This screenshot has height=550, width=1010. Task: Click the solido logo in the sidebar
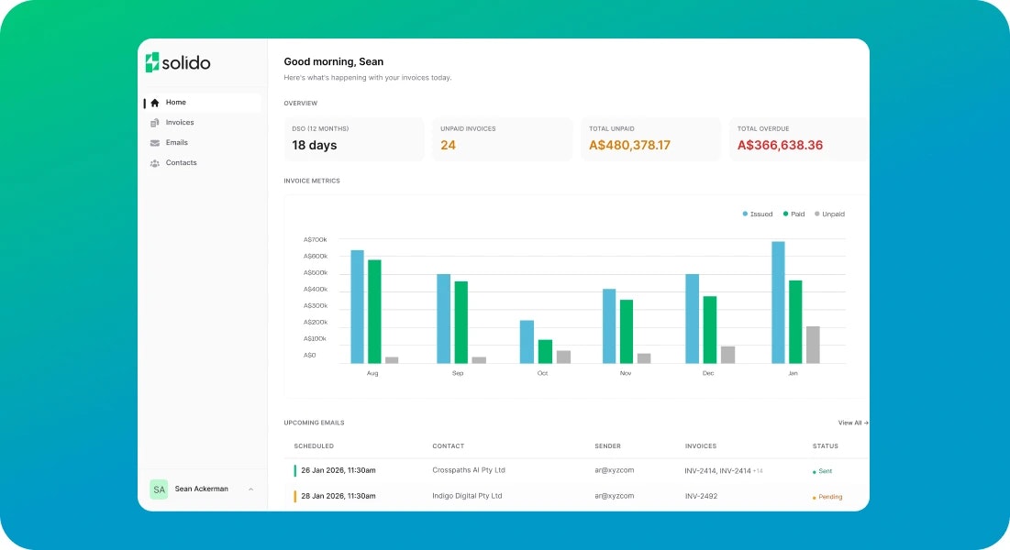pyautogui.click(x=178, y=62)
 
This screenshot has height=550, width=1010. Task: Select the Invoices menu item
pyautogui.click(x=179, y=123)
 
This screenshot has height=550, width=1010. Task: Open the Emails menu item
pyautogui.click(x=176, y=143)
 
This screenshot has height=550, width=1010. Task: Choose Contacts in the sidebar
pyautogui.click(x=181, y=163)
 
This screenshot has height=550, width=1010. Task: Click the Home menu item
pyautogui.click(x=175, y=103)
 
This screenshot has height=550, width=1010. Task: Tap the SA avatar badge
pyautogui.click(x=159, y=489)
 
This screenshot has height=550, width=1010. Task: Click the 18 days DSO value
pyautogui.click(x=315, y=146)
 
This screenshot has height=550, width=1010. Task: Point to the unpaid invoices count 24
pyautogui.click(x=448, y=146)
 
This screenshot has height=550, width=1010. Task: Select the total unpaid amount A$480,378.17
pyautogui.click(x=629, y=146)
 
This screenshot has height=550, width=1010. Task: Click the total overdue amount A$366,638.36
pyautogui.click(x=780, y=146)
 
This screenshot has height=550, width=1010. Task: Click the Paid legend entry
pyautogui.click(x=794, y=214)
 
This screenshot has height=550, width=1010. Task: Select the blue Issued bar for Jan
pyautogui.click(x=778, y=302)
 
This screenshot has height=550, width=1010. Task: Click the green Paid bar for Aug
pyautogui.click(x=374, y=312)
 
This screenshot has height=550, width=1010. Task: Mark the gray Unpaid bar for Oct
pyautogui.click(x=563, y=357)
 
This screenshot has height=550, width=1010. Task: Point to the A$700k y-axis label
pyautogui.click(x=316, y=240)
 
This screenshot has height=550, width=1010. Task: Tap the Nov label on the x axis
pyautogui.click(x=626, y=373)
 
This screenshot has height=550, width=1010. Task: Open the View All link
pyautogui.click(x=852, y=423)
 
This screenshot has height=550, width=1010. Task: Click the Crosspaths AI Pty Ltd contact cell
pyautogui.click(x=469, y=470)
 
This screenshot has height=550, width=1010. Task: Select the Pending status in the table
pyautogui.click(x=828, y=497)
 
